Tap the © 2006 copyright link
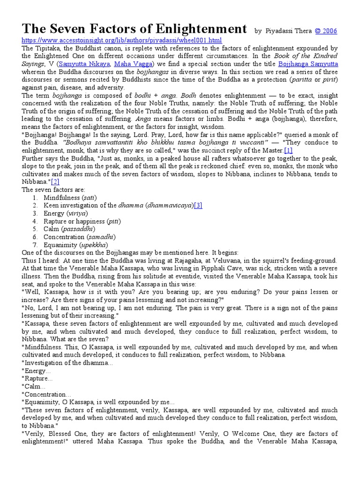[326, 31]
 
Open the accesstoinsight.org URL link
[122, 40]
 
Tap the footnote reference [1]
[288, 150]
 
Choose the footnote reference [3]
[198, 205]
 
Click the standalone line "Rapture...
[37, 378]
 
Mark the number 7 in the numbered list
[35, 245]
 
